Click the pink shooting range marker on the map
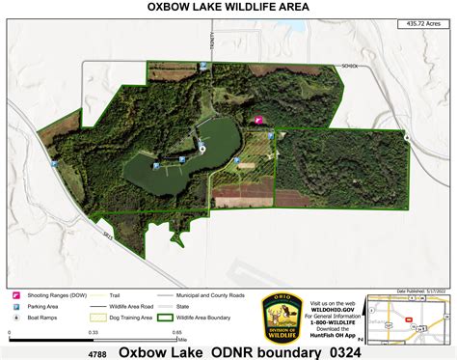point(258,121)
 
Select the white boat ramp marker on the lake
point(202,147)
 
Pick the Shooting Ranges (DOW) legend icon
point(17,294)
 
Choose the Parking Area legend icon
point(17,305)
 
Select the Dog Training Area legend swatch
point(96,316)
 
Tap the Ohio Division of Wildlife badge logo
point(282,316)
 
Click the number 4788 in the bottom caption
point(96,353)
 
